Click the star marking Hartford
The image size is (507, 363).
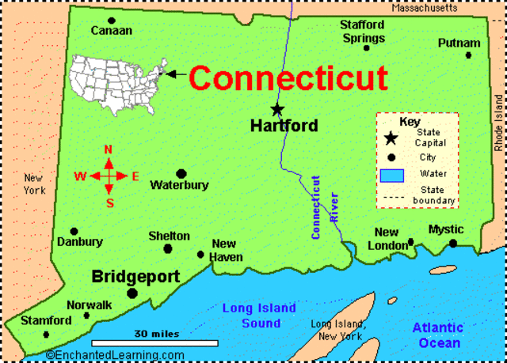pos(277,109)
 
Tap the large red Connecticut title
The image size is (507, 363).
pos(288,78)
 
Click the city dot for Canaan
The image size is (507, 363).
pos(112,20)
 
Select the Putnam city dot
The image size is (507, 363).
pos(468,55)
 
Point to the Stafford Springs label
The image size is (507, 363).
pos(364,32)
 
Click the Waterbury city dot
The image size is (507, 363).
pos(181,173)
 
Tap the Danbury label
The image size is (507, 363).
pos(80,242)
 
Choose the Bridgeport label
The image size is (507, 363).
pos(135,277)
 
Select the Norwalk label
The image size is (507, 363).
pos(90,304)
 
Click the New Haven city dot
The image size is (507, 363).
pos(200,254)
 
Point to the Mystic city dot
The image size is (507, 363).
pos(452,243)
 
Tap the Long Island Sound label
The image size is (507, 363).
pos(259,316)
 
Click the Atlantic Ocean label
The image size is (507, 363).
pos(436,335)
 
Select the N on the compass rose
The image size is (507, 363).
pos(109,150)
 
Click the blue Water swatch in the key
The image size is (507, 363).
pos(392,174)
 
